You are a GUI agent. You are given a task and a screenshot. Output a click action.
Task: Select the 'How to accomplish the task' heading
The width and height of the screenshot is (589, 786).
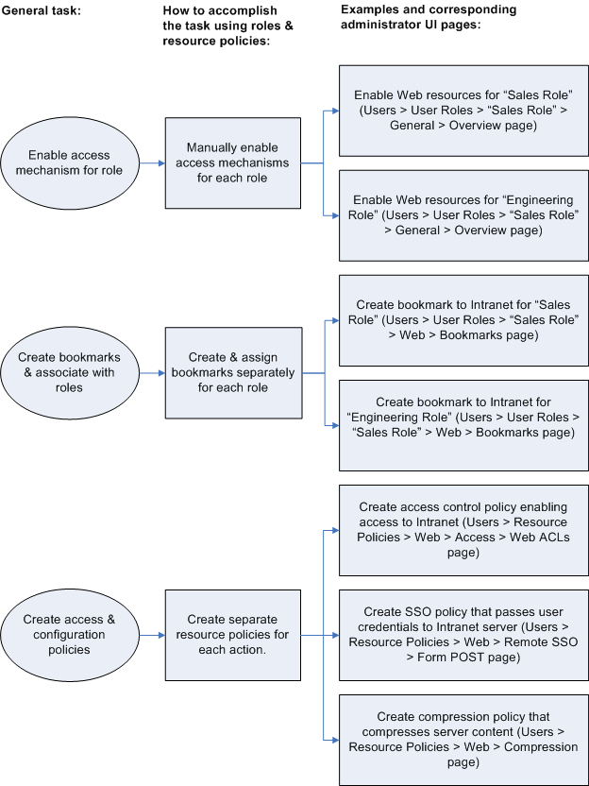[227, 26]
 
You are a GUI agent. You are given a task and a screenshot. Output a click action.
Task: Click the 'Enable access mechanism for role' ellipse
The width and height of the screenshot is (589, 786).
[69, 162]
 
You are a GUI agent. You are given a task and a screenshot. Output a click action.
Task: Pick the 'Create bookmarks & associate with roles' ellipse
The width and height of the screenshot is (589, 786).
[69, 372]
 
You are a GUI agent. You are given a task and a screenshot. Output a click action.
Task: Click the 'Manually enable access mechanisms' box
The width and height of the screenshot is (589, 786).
[232, 162]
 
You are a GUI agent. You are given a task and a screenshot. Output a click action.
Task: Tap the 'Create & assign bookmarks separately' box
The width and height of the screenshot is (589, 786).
[232, 372]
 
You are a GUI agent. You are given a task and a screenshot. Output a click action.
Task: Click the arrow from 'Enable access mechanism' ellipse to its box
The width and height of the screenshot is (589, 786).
[151, 162]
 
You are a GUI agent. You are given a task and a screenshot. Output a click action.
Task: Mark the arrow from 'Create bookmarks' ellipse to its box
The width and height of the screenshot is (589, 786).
[151, 372]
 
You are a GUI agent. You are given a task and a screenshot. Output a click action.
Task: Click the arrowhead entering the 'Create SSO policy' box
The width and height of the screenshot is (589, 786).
[333, 634]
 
